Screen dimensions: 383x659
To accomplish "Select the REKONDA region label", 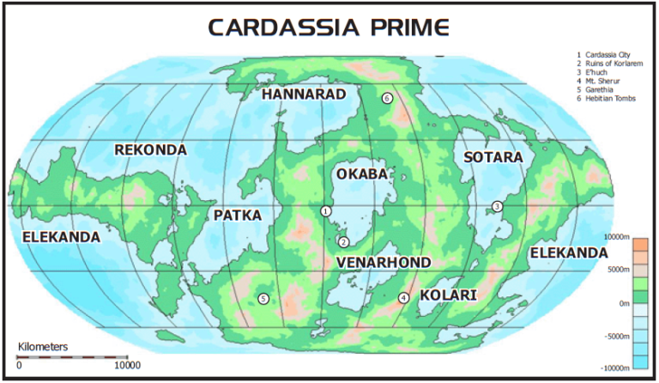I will point(150,150).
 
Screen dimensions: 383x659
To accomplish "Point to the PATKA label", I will point(238,215).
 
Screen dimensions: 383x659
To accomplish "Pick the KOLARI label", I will point(448,295).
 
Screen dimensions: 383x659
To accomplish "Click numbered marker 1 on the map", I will point(326,210).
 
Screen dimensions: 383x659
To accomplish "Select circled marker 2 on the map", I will point(343,242).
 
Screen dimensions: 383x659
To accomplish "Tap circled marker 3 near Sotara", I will point(497,206).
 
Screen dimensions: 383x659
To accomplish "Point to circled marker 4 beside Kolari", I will point(403,298).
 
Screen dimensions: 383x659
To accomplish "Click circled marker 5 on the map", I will point(263,299).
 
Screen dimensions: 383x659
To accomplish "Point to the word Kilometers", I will point(43,347).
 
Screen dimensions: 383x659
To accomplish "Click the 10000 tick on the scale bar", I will point(127,366).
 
